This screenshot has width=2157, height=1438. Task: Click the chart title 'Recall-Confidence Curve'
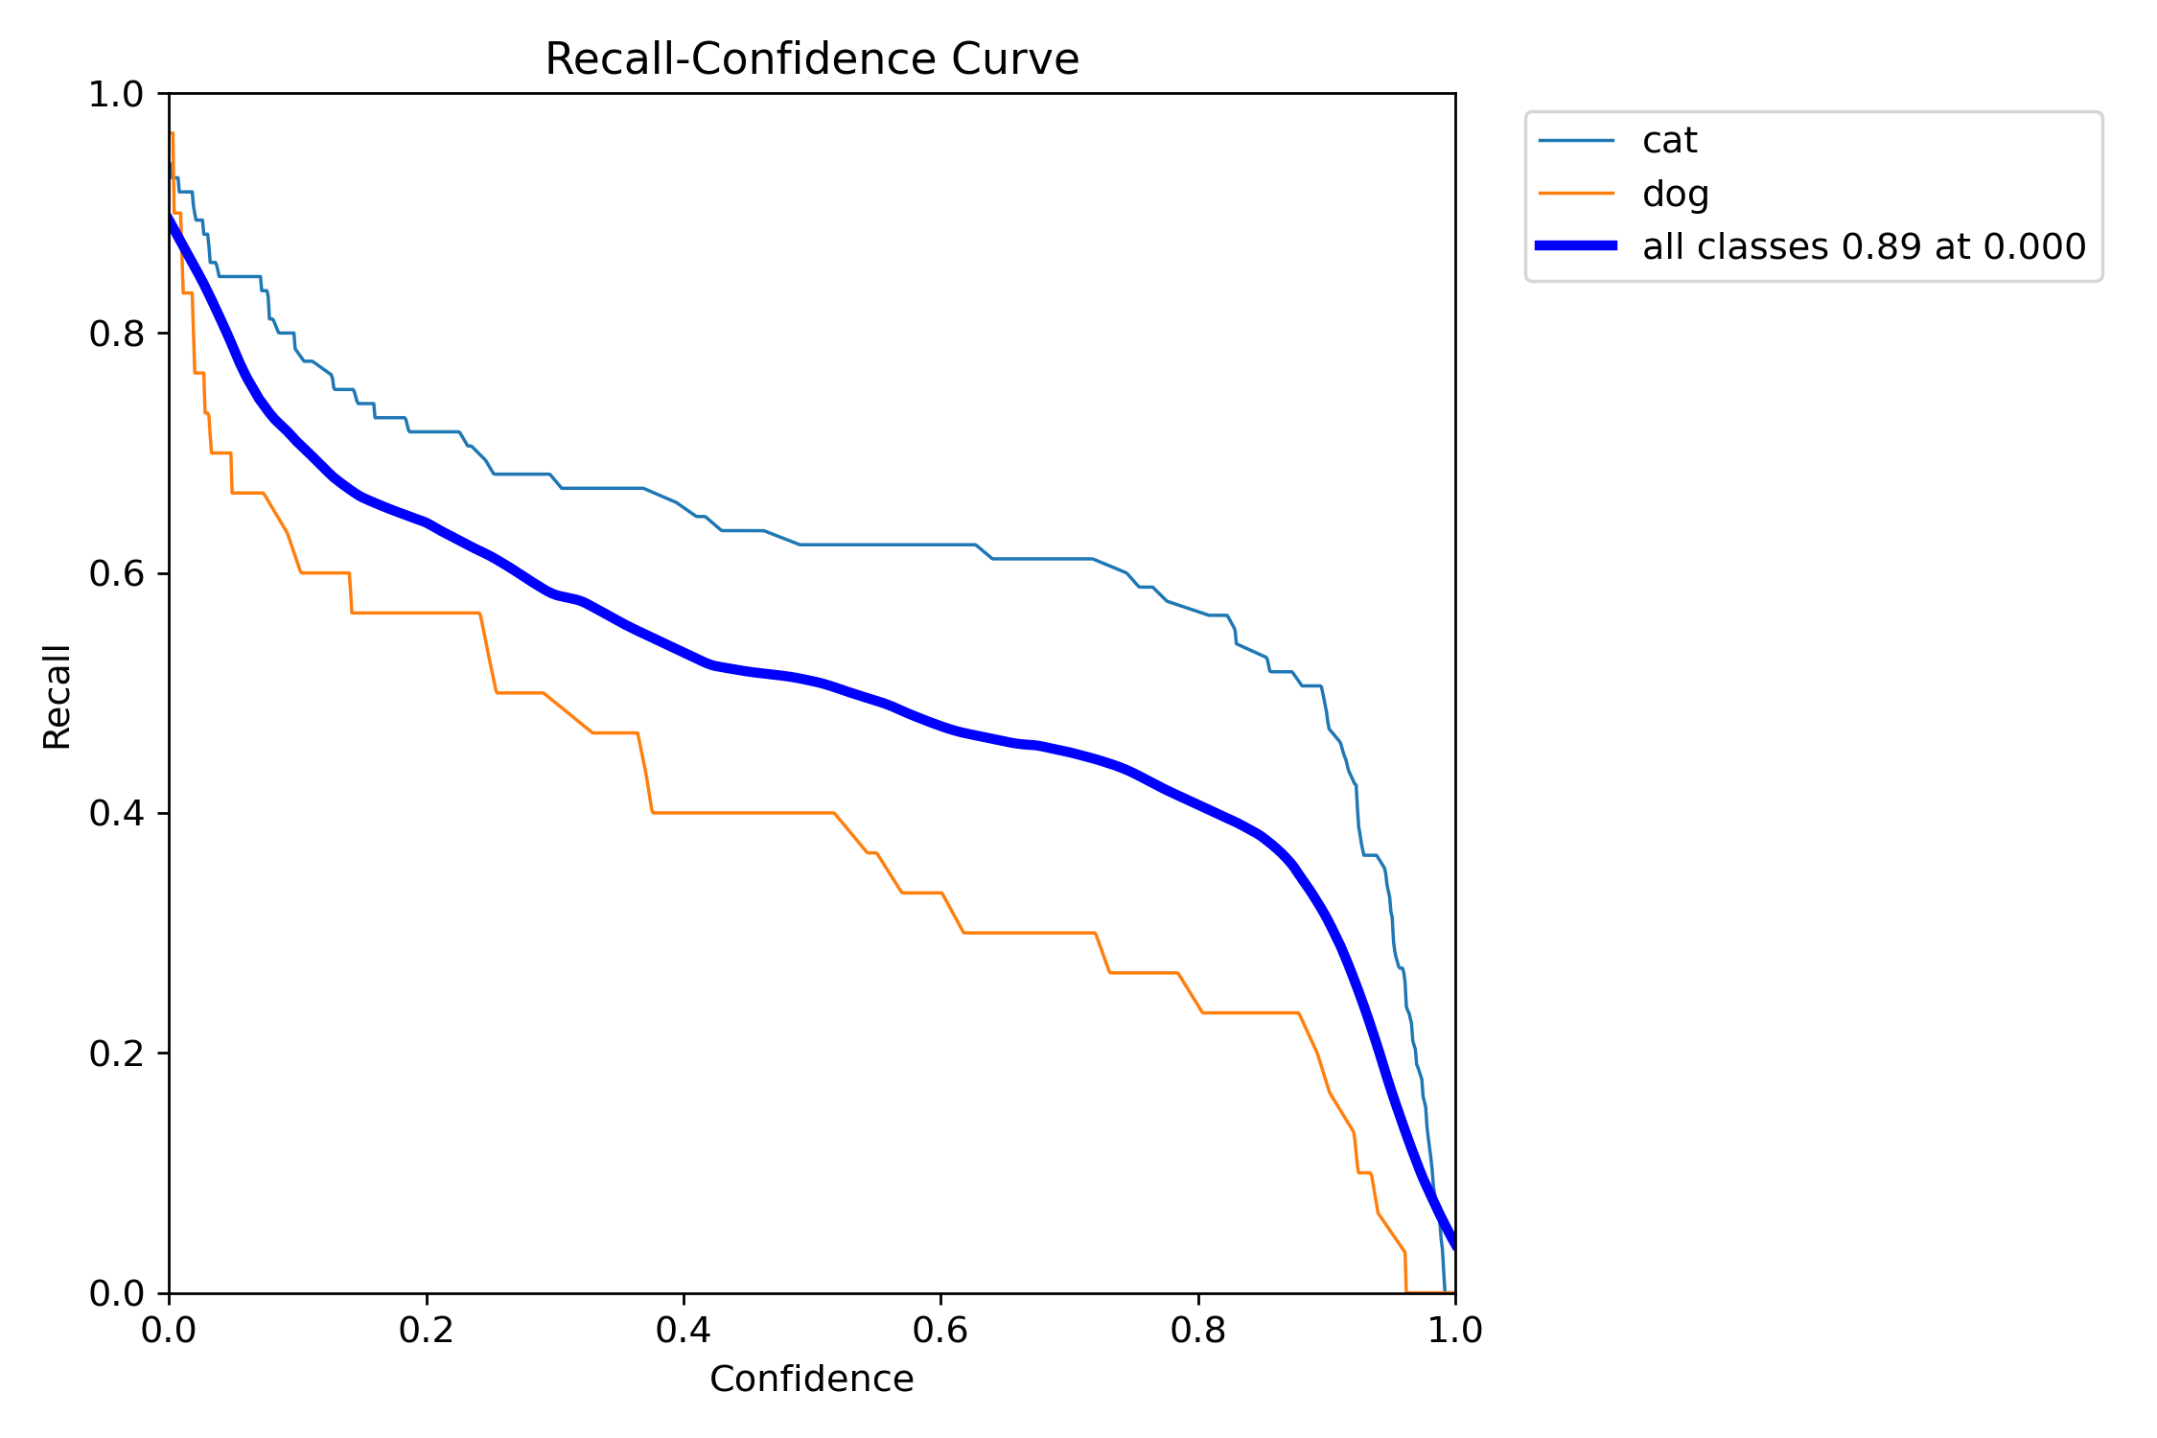pyautogui.click(x=811, y=59)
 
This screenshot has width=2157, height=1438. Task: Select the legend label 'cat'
pyautogui.click(x=1669, y=141)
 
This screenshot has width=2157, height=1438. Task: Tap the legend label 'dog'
pyautogui.click(x=1675, y=194)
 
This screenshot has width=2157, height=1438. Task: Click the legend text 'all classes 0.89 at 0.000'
pyautogui.click(x=1864, y=247)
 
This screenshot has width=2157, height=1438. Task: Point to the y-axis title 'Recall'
pyautogui.click(x=57, y=696)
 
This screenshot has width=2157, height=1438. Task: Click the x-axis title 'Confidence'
pyautogui.click(x=811, y=1379)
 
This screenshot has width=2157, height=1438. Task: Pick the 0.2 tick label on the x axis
pyautogui.click(x=426, y=1331)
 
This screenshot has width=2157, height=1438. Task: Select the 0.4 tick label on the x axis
pyautogui.click(x=684, y=1331)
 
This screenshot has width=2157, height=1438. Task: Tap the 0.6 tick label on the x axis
pyautogui.click(x=940, y=1331)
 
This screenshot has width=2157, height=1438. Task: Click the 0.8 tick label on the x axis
pyautogui.click(x=1198, y=1331)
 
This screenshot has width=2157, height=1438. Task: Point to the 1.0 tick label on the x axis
pyautogui.click(x=1454, y=1331)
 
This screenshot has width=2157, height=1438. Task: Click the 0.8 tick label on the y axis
pyautogui.click(x=116, y=334)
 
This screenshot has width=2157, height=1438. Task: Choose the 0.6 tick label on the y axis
pyautogui.click(x=116, y=573)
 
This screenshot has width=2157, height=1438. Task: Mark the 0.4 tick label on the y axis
pyautogui.click(x=116, y=813)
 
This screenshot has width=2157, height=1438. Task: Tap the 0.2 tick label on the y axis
pyautogui.click(x=116, y=1053)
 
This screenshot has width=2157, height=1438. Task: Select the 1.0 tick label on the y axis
pyautogui.click(x=116, y=94)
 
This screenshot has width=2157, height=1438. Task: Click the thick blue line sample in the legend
pyautogui.click(x=1576, y=246)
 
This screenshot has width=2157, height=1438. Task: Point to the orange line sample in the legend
pyautogui.click(x=1576, y=194)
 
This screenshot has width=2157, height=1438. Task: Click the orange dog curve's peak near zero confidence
pyautogui.click(x=172, y=133)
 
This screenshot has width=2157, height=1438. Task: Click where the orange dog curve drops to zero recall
pyautogui.click(x=1406, y=1291)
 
